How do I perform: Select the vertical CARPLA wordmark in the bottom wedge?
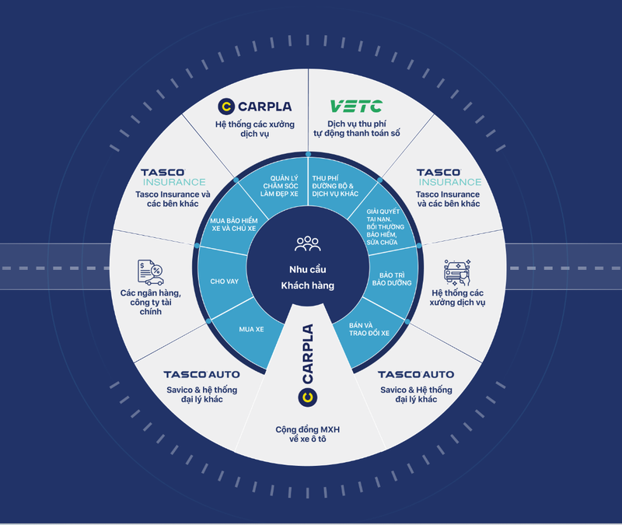[x=308, y=354]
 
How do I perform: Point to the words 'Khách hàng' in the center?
[x=308, y=285]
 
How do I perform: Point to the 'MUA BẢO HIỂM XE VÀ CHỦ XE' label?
[x=235, y=226]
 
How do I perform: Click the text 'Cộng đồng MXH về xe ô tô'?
[x=308, y=434]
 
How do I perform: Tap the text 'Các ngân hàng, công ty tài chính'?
[x=152, y=302]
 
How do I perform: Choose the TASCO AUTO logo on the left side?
[x=201, y=375]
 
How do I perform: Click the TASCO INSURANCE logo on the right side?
[x=448, y=177]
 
